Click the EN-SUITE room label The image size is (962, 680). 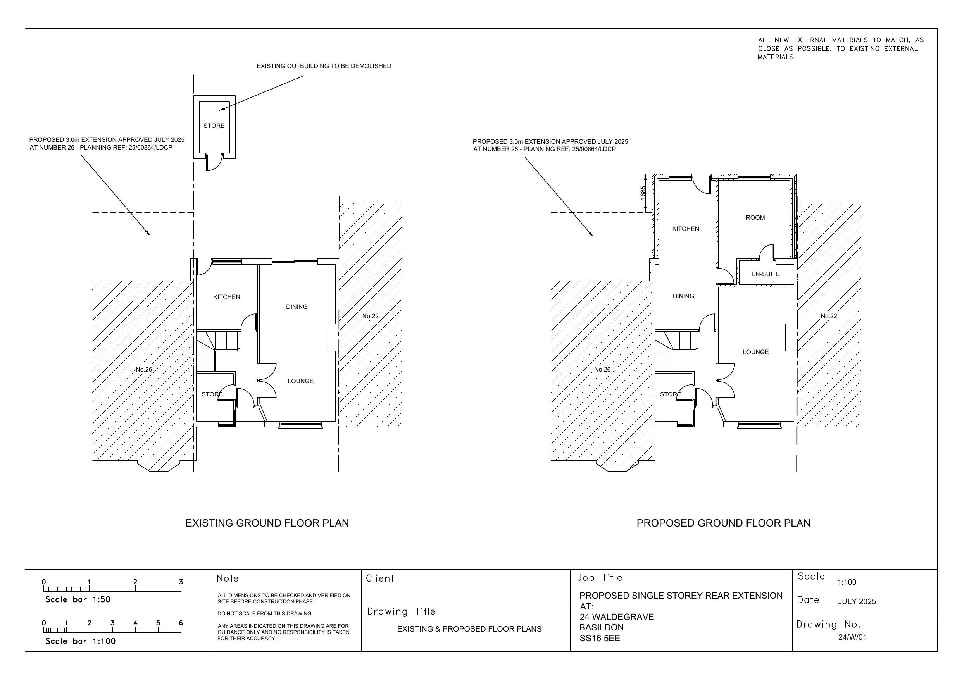click(765, 274)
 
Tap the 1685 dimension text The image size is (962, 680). click(643, 193)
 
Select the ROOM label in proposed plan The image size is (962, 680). click(755, 218)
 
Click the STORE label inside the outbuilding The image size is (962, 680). click(214, 126)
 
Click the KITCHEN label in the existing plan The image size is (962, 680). click(227, 297)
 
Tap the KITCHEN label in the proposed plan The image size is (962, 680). click(686, 229)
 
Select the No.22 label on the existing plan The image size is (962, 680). click(370, 316)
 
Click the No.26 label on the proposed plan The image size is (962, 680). click(602, 370)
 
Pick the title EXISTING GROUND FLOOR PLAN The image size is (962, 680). click(267, 523)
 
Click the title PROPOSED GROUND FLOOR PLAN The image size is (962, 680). click(723, 523)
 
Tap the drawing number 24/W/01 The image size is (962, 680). click(855, 637)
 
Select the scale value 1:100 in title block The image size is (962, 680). click(847, 582)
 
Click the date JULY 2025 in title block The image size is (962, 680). click(857, 602)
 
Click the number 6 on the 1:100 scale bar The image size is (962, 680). click(181, 623)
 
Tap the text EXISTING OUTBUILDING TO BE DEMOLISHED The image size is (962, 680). click(324, 66)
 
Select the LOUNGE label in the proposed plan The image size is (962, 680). click(755, 352)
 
